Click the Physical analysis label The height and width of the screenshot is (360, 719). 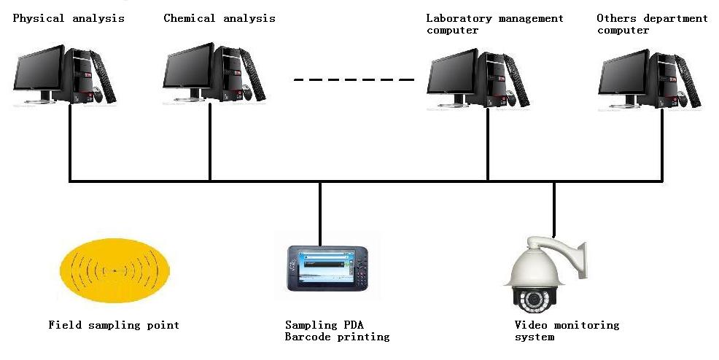coord(69,18)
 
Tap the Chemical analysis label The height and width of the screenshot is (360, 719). coord(219,18)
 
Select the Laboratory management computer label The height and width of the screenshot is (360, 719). coord(494,24)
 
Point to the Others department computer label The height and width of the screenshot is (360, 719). coord(652,24)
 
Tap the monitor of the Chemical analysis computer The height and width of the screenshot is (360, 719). coord(187,71)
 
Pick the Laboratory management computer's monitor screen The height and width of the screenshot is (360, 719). coord(452,75)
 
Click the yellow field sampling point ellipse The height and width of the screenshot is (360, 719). coord(114,272)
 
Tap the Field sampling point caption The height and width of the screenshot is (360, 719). coord(114,325)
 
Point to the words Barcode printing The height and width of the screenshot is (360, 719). coord(337,337)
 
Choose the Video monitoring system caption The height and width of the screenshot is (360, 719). coord(567,331)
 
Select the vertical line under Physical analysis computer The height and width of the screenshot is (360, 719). coord(70,142)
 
